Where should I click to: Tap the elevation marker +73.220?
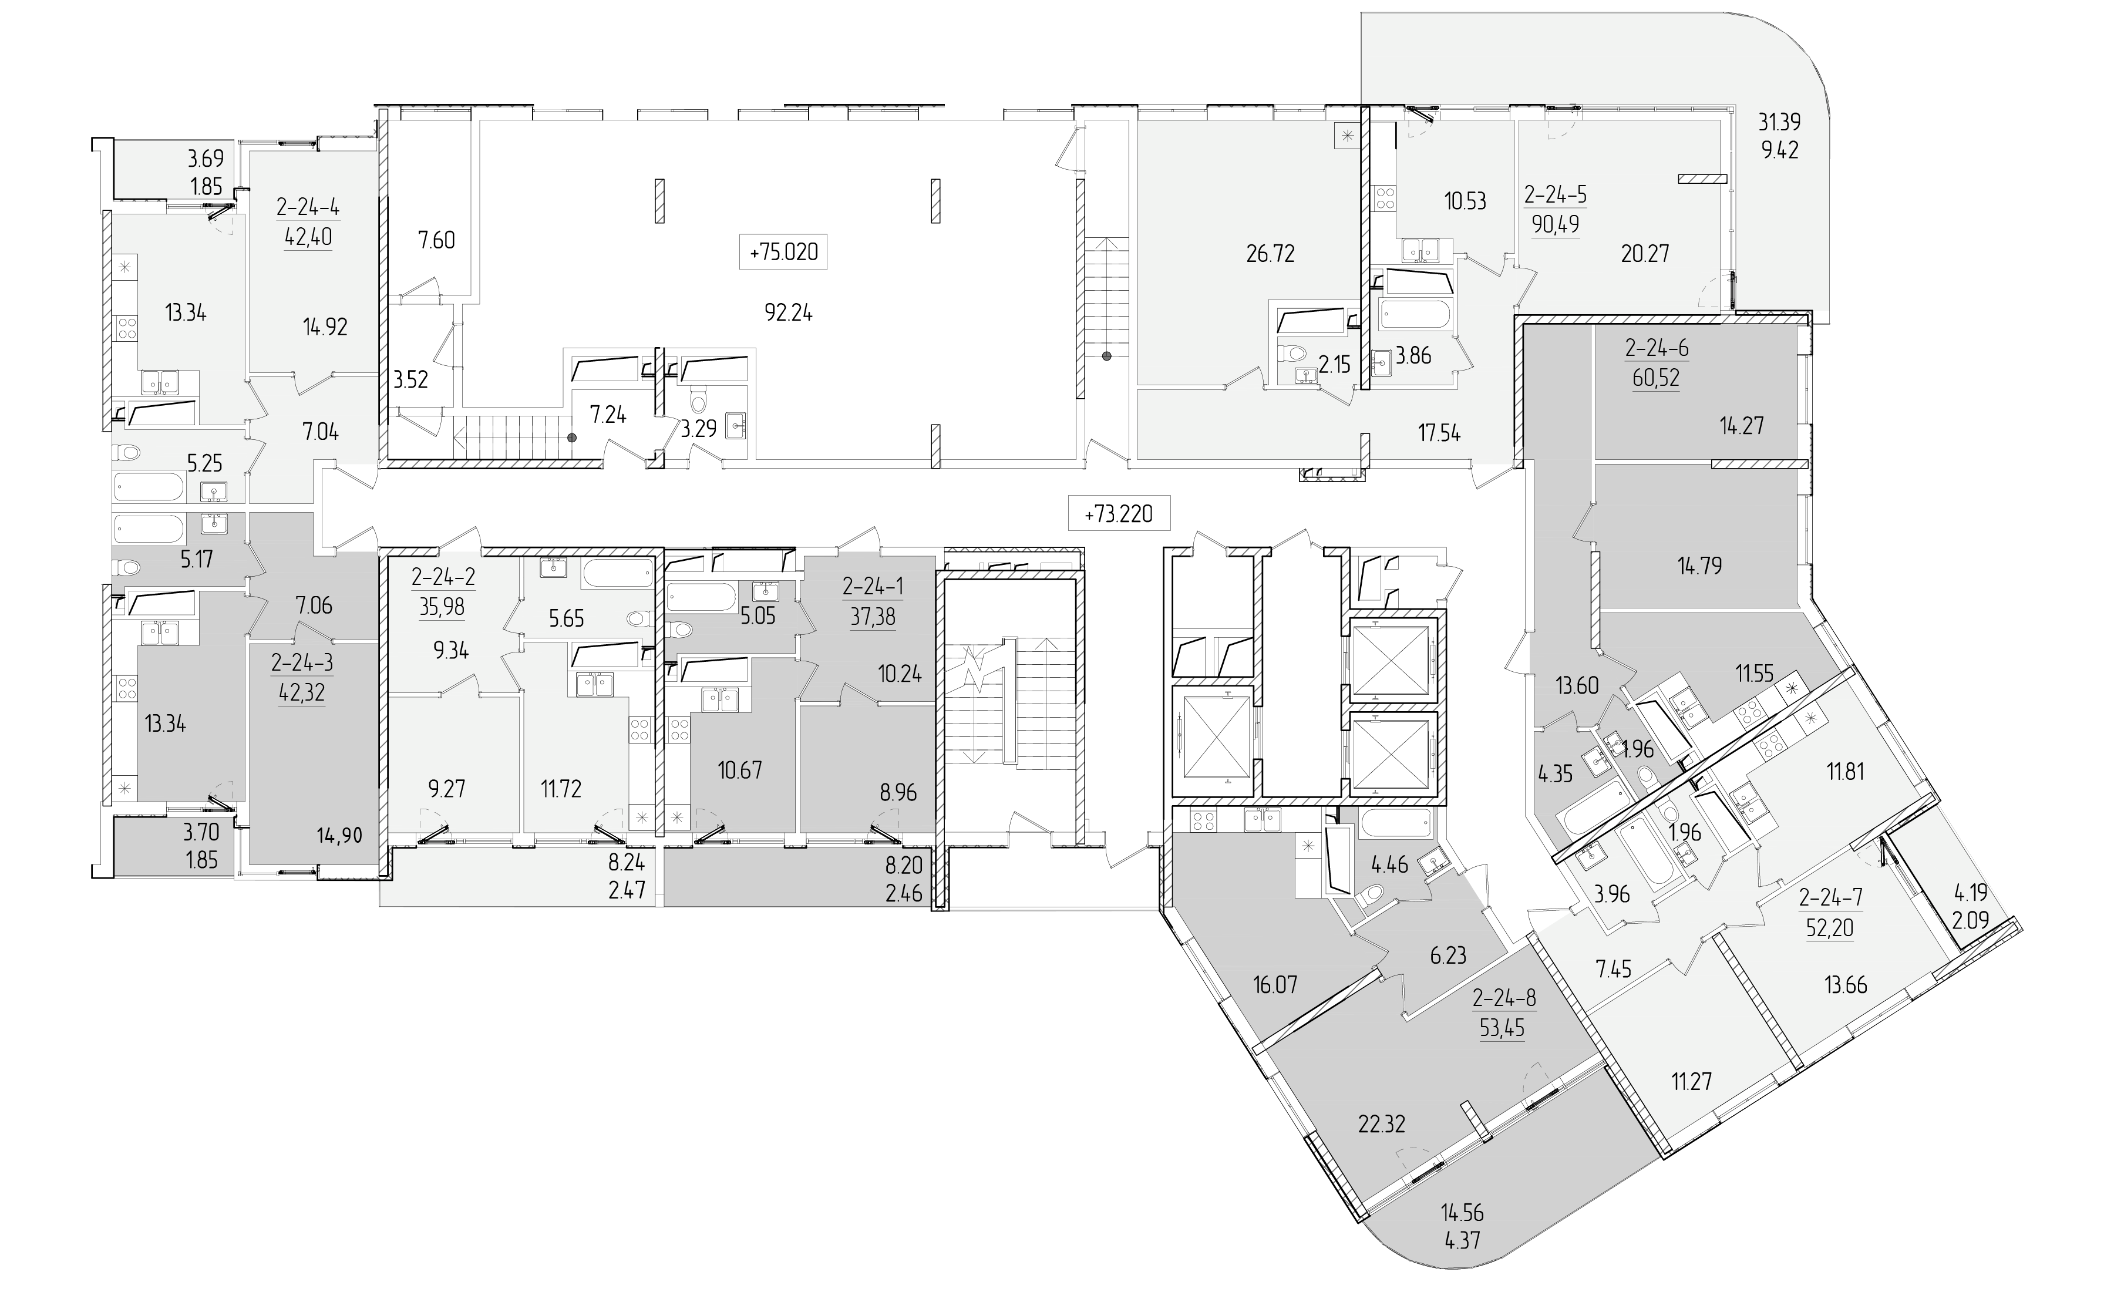point(1118,514)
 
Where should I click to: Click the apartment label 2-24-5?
point(1554,196)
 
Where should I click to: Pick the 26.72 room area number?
point(1270,254)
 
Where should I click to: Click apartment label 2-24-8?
point(1504,998)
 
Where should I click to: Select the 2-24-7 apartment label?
point(1830,898)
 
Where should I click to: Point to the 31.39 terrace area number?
point(1779,123)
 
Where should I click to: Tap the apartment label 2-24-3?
point(302,663)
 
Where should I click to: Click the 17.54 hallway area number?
point(1439,434)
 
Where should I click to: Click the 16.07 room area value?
point(1274,985)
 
